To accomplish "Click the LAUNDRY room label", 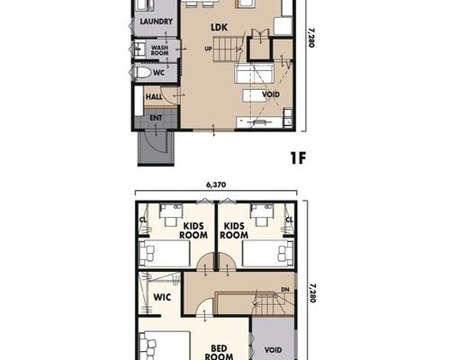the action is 157,22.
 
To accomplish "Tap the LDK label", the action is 220,27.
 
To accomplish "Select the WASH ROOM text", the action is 159,50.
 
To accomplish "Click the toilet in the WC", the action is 142,73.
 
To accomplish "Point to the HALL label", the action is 154,97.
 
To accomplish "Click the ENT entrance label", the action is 156,118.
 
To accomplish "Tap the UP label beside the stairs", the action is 208,49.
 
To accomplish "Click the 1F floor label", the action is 298,158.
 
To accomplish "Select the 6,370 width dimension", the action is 216,184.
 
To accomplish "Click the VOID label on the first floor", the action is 271,94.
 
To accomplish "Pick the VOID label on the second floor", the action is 273,350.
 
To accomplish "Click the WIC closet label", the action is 162,297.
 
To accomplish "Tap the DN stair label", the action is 285,290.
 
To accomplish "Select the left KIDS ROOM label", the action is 193,230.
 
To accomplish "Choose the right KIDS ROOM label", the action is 234,230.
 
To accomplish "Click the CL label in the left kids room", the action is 143,220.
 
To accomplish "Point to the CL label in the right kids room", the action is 289,220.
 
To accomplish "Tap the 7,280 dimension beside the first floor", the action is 312,38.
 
